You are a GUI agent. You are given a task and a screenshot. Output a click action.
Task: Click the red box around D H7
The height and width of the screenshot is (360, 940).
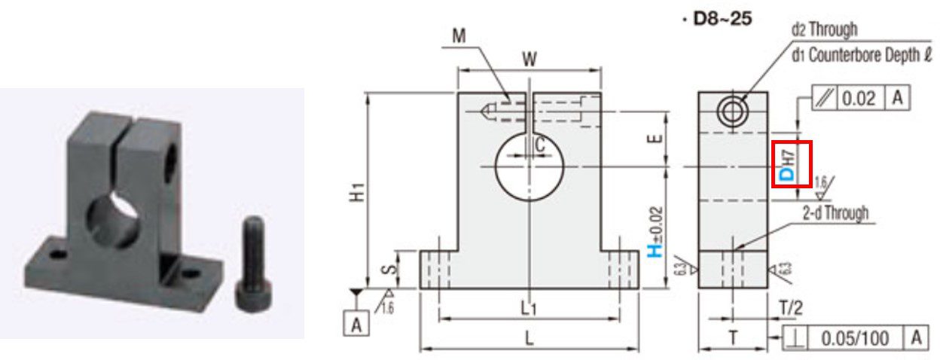pos(790,163)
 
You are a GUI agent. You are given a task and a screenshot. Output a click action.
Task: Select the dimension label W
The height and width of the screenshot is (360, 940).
pos(530,59)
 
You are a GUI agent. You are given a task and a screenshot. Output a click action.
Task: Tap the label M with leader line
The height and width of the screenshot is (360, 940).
pos(459,35)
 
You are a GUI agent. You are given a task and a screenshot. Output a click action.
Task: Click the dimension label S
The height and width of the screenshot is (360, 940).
pos(405,270)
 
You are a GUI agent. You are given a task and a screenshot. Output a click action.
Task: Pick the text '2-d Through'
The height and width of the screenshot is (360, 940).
pos(835,213)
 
